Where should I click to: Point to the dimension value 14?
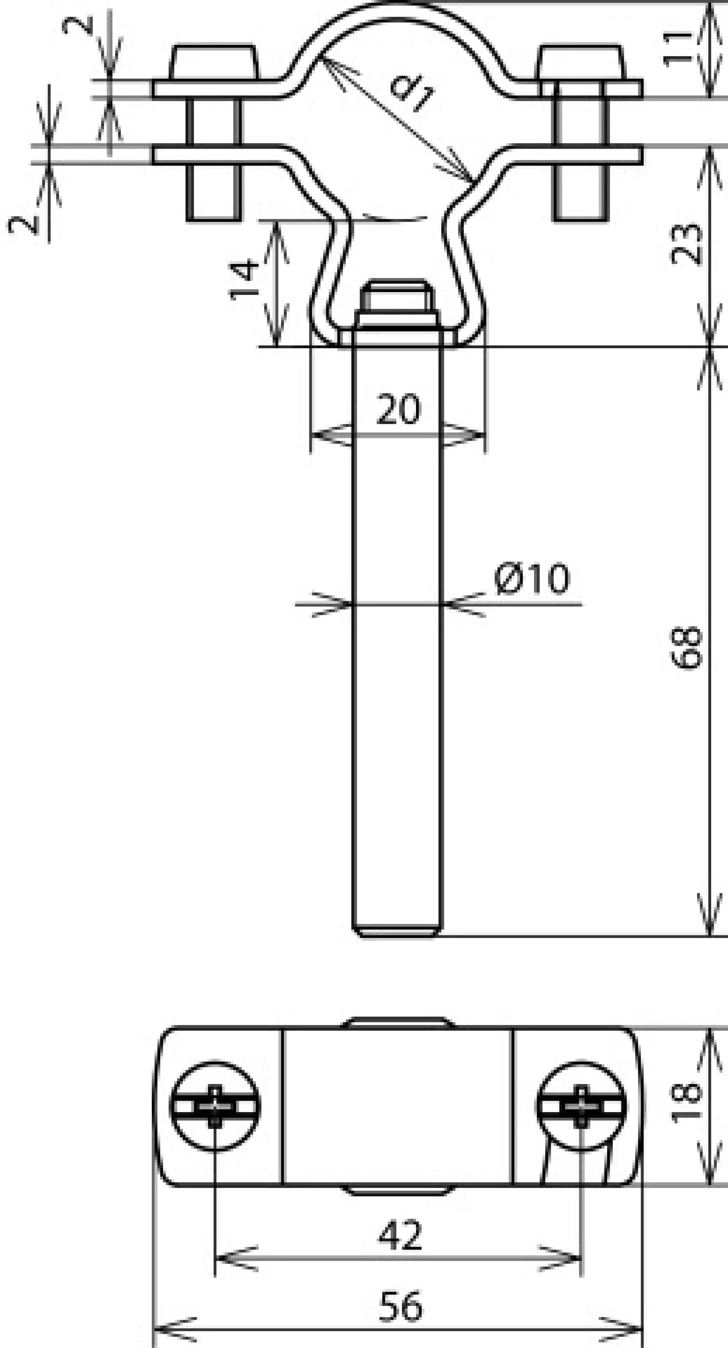pyautogui.click(x=244, y=279)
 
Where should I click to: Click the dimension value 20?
pyautogui.click(x=399, y=409)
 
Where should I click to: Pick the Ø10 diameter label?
pyautogui.click(x=531, y=579)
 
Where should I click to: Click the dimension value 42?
pyautogui.click(x=400, y=1236)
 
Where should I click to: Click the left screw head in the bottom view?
pyautogui.click(x=215, y=1106)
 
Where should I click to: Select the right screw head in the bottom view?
pyautogui.click(x=581, y=1106)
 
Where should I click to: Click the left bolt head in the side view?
pyautogui.click(x=213, y=63)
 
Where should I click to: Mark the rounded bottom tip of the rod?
pyautogui.click(x=396, y=932)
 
